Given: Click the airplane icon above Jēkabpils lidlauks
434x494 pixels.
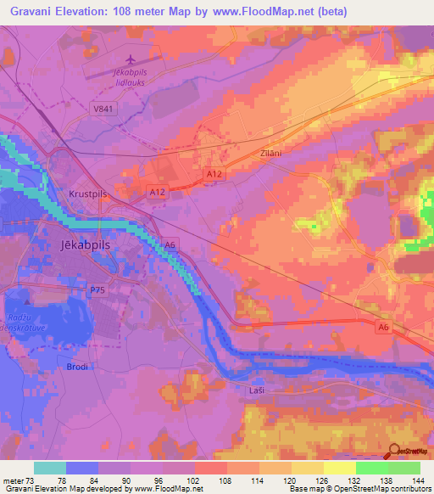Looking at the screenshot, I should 130,59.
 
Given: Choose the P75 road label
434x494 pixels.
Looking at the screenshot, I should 98,289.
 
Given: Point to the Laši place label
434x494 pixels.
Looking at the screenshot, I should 259,388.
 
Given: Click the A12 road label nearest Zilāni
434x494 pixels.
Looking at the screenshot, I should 214,173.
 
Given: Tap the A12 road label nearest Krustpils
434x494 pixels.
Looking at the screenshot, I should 156,193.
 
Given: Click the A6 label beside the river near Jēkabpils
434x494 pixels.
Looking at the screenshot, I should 171,245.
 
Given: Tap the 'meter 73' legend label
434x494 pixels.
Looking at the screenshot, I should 19,480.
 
